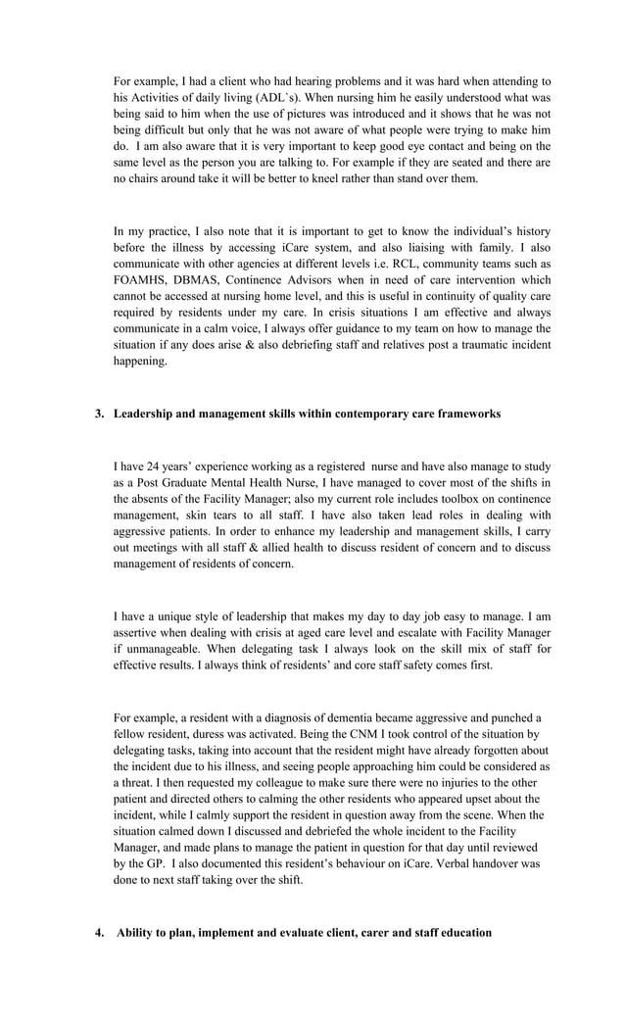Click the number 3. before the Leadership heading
(x=99, y=414)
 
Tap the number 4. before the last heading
(x=99, y=932)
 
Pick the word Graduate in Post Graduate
(x=182, y=483)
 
